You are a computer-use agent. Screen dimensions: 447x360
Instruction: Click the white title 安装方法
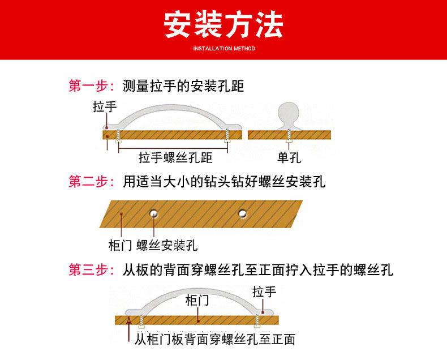click(223, 25)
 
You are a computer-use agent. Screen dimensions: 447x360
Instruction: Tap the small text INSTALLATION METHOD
click(224, 49)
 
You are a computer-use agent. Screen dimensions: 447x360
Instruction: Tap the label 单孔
click(289, 157)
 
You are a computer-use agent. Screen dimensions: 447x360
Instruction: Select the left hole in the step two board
click(153, 213)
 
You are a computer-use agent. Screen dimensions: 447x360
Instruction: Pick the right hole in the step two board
click(243, 213)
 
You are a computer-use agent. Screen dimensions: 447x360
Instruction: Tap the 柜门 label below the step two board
click(120, 246)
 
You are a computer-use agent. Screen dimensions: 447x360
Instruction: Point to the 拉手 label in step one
click(105, 108)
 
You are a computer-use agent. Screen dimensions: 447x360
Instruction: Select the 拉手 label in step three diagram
click(264, 292)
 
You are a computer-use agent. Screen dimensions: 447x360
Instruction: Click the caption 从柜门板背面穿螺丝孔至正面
click(215, 340)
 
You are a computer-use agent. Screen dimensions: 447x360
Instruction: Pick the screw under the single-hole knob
click(289, 135)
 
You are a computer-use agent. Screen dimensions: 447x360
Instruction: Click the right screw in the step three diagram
click(259, 320)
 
